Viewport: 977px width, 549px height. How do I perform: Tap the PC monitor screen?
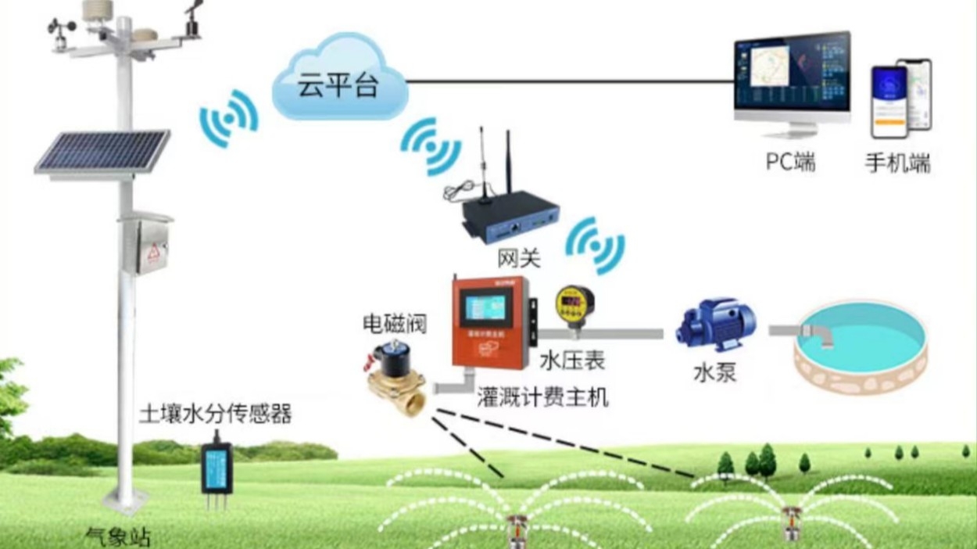(x=791, y=77)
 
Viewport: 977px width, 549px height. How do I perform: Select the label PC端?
(x=790, y=162)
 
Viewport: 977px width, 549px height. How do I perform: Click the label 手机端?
(x=897, y=163)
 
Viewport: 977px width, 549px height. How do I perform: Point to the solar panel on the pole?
(x=102, y=152)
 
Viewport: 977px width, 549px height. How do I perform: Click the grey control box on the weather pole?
(x=146, y=246)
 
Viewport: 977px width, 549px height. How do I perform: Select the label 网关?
(x=518, y=257)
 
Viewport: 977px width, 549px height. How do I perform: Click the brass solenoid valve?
(x=397, y=379)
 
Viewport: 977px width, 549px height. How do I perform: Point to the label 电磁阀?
(x=395, y=324)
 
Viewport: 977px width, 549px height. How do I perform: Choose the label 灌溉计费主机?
(x=542, y=397)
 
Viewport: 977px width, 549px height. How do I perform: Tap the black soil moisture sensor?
(x=217, y=468)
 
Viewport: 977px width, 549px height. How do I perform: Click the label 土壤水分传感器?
(x=215, y=414)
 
